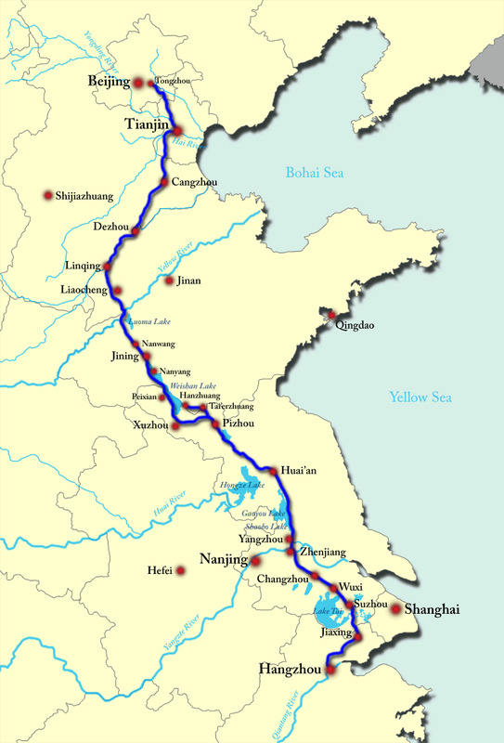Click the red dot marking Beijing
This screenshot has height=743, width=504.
coord(137,84)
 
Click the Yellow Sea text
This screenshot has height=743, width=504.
coord(420,398)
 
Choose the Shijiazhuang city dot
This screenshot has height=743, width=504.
coord(47,196)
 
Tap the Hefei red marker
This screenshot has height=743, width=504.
coord(182,570)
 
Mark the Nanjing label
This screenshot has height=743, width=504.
coord(223,560)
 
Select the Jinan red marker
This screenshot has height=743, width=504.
coord(169,280)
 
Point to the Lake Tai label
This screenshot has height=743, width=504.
coord(328,610)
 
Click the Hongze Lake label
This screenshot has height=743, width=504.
coord(242,486)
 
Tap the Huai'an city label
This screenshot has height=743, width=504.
coord(299,471)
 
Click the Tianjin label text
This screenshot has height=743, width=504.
coord(146,123)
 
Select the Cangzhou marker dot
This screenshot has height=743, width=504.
coord(163,182)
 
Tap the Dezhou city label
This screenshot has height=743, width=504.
coord(112,225)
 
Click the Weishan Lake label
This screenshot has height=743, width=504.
coord(193,385)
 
